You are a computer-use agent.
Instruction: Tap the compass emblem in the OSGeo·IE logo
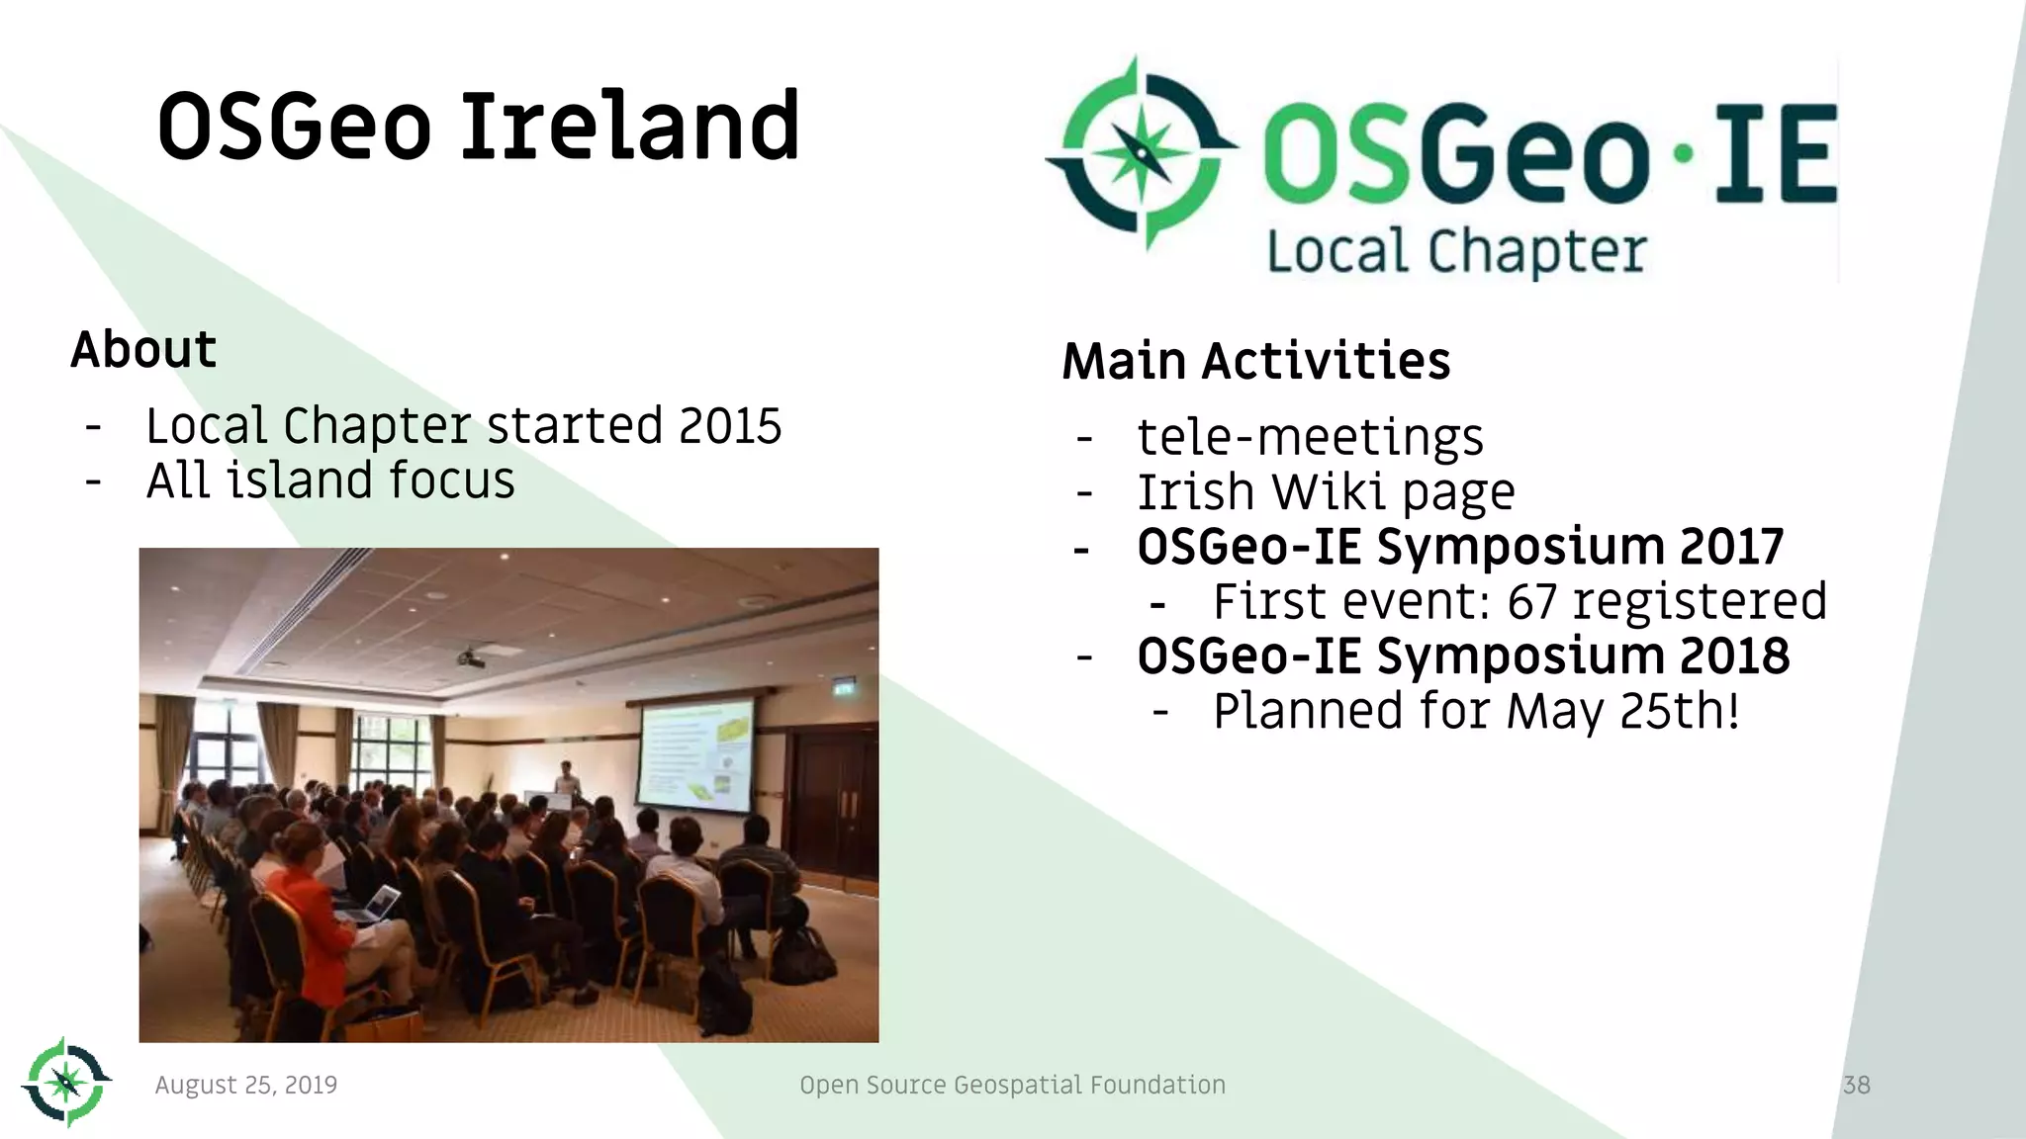[x=1140, y=153]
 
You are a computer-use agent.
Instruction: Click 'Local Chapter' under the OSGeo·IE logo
[x=1456, y=251]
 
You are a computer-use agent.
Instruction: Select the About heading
[x=143, y=350]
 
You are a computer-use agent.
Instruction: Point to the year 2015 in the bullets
[x=730, y=426]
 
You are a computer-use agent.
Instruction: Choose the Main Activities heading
[x=1255, y=361]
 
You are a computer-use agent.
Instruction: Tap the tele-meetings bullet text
[x=1310, y=437]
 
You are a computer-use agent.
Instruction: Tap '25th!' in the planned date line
[x=1679, y=711]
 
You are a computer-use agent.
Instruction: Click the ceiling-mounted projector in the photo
[x=471, y=657]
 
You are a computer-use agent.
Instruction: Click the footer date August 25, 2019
[x=246, y=1085]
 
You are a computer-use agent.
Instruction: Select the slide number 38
[x=1856, y=1085]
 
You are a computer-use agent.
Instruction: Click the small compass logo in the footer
[x=65, y=1082]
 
